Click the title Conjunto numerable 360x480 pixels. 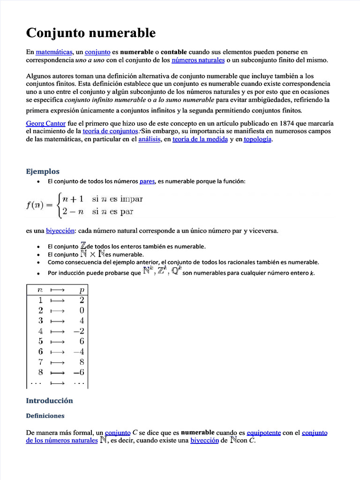pyautogui.click(x=90, y=33)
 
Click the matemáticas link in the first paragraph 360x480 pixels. pyautogui.click(x=54, y=52)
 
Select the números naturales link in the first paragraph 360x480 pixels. pyautogui.click(x=198, y=60)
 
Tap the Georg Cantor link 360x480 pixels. pyautogui.click(x=42, y=123)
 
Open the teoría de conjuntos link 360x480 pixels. pyautogui.click(x=110, y=131)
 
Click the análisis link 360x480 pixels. pyautogui.click(x=150, y=139)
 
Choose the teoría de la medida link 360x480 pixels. pyautogui.click(x=200, y=139)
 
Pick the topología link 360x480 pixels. pyautogui.click(x=257, y=139)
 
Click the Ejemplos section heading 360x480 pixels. pyautogui.click(x=43, y=171)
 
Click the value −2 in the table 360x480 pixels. pyautogui.click(x=78, y=331)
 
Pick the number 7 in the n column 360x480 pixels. pyautogui.click(x=41, y=362)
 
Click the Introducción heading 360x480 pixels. pyautogui.click(x=50, y=400)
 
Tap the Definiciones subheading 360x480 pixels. pyautogui.click(x=45, y=415)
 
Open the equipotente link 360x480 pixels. pyautogui.click(x=263, y=433)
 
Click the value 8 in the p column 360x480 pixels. pyautogui.click(x=82, y=362)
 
